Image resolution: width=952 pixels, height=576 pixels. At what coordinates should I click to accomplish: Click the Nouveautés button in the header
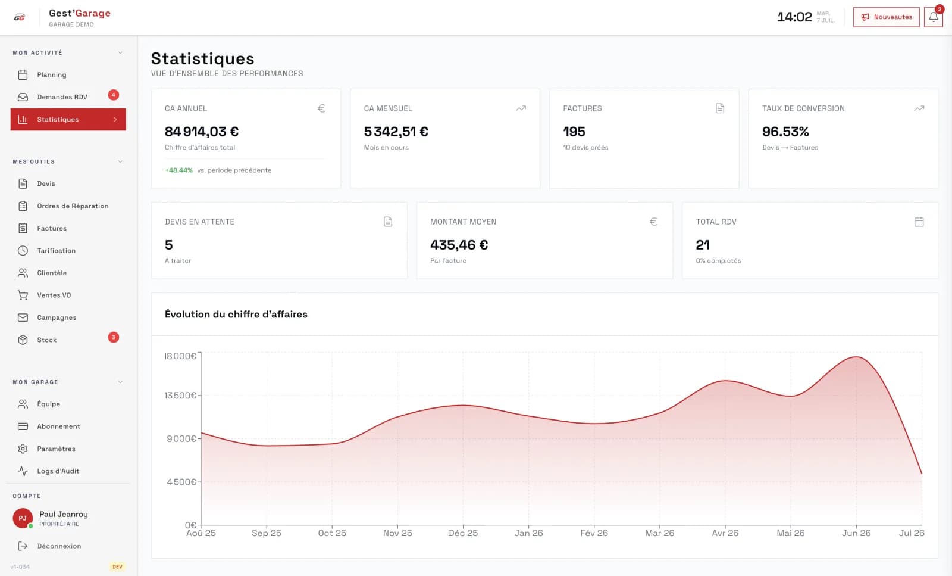coord(886,17)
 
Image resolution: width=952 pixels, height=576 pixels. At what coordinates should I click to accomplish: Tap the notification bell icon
coord(934,17)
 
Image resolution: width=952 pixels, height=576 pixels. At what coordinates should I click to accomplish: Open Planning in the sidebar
coord(51,75)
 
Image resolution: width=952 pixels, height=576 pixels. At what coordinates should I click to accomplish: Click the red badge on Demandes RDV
coord(114,95)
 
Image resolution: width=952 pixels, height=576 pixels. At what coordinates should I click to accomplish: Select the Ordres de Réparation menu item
coord(73,206)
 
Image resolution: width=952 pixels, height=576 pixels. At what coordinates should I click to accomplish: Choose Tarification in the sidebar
coord(56,251)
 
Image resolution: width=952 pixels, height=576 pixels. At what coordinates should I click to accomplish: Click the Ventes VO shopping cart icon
coord(23,295)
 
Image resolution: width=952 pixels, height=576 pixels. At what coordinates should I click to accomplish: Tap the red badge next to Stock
coord(114,337)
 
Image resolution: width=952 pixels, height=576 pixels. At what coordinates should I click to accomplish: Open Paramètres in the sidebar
coord(56,449)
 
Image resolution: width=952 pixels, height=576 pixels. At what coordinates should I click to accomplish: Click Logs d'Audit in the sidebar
coord(58,471)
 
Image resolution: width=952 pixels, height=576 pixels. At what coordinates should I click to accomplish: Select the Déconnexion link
coord(59,546)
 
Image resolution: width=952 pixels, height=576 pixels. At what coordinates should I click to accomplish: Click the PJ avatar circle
coord(23,518)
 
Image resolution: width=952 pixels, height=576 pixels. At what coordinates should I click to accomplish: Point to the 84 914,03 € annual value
coord(202,132)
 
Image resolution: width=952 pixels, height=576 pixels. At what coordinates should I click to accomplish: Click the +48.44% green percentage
coord(178,170)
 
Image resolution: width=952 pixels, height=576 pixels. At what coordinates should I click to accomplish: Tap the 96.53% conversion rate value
coord(785,132)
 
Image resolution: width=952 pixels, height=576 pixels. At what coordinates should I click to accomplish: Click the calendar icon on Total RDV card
coord(919,222)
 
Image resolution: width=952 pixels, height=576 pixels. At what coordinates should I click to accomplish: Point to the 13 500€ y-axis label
coord(180,396)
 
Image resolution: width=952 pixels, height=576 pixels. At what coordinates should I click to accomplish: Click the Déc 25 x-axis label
coord(463,533)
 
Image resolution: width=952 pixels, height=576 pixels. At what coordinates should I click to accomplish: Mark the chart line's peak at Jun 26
coord(856,356)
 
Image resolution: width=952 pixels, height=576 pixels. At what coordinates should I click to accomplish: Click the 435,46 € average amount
coord(459,245)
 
